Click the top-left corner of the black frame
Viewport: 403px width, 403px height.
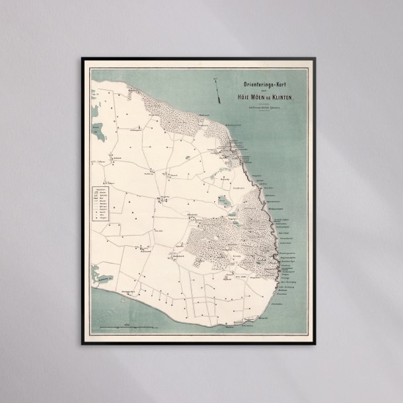(x=83, y=58)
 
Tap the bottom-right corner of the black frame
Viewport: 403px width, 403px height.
(x=322, y=344)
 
